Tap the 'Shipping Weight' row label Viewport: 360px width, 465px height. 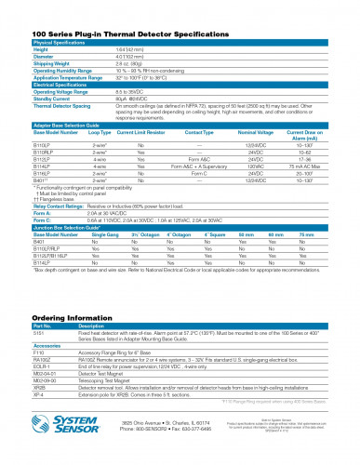tap(52, 61)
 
